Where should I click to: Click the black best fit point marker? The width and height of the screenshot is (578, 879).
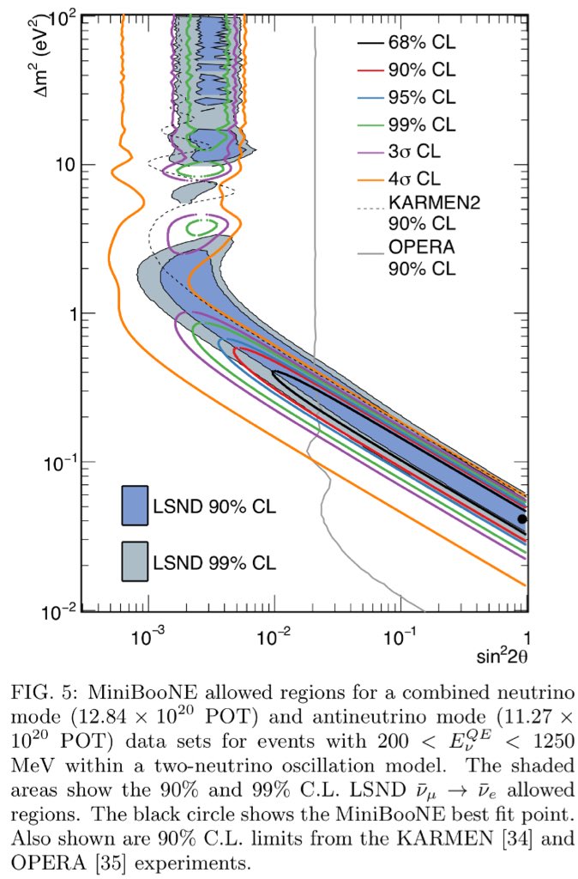coord(522,518)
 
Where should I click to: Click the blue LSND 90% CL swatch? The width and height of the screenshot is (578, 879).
coord(135,505)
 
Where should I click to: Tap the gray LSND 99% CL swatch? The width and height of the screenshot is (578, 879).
coord(135,562)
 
